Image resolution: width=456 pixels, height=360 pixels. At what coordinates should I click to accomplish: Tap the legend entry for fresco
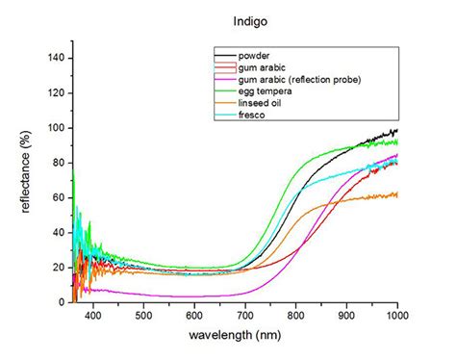[x=257, y=115]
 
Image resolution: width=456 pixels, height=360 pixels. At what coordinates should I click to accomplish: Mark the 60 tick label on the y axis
[x=59, y=197]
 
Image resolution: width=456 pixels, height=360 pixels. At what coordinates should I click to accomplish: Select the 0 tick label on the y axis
[x=62, y=301]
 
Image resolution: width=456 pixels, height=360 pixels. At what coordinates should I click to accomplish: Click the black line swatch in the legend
[x=226, y=55]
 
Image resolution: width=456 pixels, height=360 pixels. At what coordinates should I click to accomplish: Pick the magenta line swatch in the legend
[x=226, y=79]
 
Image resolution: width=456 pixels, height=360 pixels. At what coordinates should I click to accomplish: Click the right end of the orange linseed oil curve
[x=396, y=194]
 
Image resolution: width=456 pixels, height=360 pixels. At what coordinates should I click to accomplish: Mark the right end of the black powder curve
[x=396, y=130]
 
